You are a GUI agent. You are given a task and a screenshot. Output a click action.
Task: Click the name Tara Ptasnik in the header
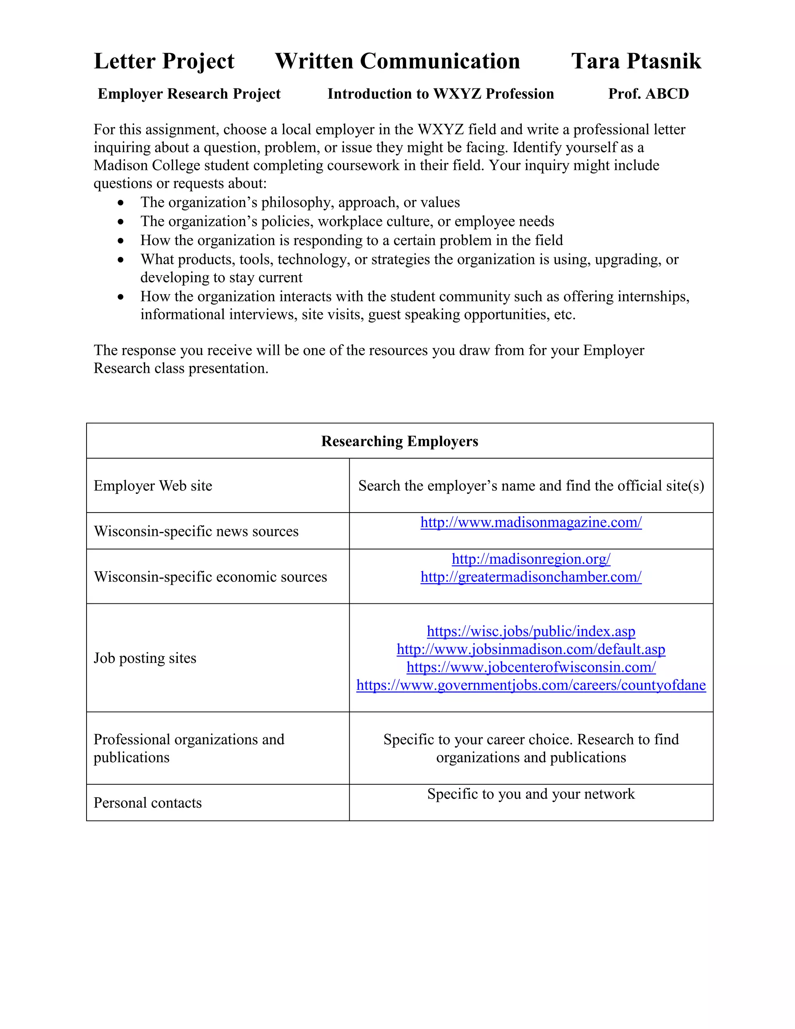coord(636,61)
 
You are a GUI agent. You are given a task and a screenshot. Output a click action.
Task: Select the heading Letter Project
coord(164,61)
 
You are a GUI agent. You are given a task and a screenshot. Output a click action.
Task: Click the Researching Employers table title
coord(399,441)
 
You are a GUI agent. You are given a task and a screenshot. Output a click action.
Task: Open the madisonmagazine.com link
coord(531,522)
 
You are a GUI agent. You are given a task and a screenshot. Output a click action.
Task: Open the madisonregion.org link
coord(531,559)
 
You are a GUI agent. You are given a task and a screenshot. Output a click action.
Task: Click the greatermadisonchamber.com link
coord(531,577)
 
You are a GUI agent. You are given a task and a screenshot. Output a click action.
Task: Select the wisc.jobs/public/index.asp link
coord(531,631)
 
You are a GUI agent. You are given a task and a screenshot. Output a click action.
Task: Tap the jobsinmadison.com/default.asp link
coord(531,649)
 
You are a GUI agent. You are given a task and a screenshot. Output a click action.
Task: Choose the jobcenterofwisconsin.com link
coord(531,667)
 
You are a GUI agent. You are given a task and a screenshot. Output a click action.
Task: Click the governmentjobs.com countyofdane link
coord(531,685)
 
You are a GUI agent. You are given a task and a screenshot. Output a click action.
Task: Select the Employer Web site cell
coord(153,485)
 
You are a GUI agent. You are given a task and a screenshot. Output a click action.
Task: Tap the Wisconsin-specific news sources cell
coord(196,531)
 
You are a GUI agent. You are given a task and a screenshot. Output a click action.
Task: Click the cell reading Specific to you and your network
coord(531,794)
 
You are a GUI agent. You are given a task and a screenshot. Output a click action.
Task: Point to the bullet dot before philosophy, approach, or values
coord(121,203)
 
